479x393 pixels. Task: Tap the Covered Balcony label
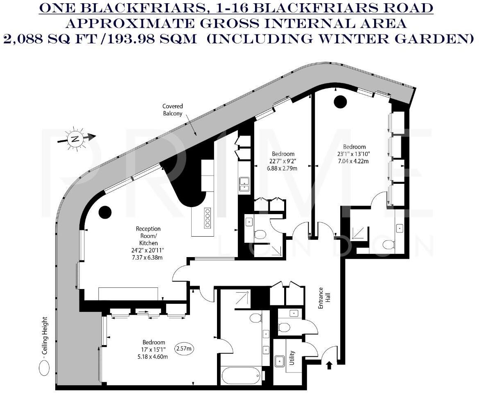[x=172, y=110]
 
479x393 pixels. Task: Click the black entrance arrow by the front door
[x=329, y=364]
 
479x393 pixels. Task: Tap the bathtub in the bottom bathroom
[x=240, y=374]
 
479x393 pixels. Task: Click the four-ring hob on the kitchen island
[x=208, y=218]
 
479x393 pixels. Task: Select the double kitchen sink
[x=244, y=183]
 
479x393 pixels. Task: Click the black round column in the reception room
[x=105, y=211]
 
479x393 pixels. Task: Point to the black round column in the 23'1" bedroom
[x=340, y=101]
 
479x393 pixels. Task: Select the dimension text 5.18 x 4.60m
[x=154, y=357]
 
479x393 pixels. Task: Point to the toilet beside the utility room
[x=284, y=327]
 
